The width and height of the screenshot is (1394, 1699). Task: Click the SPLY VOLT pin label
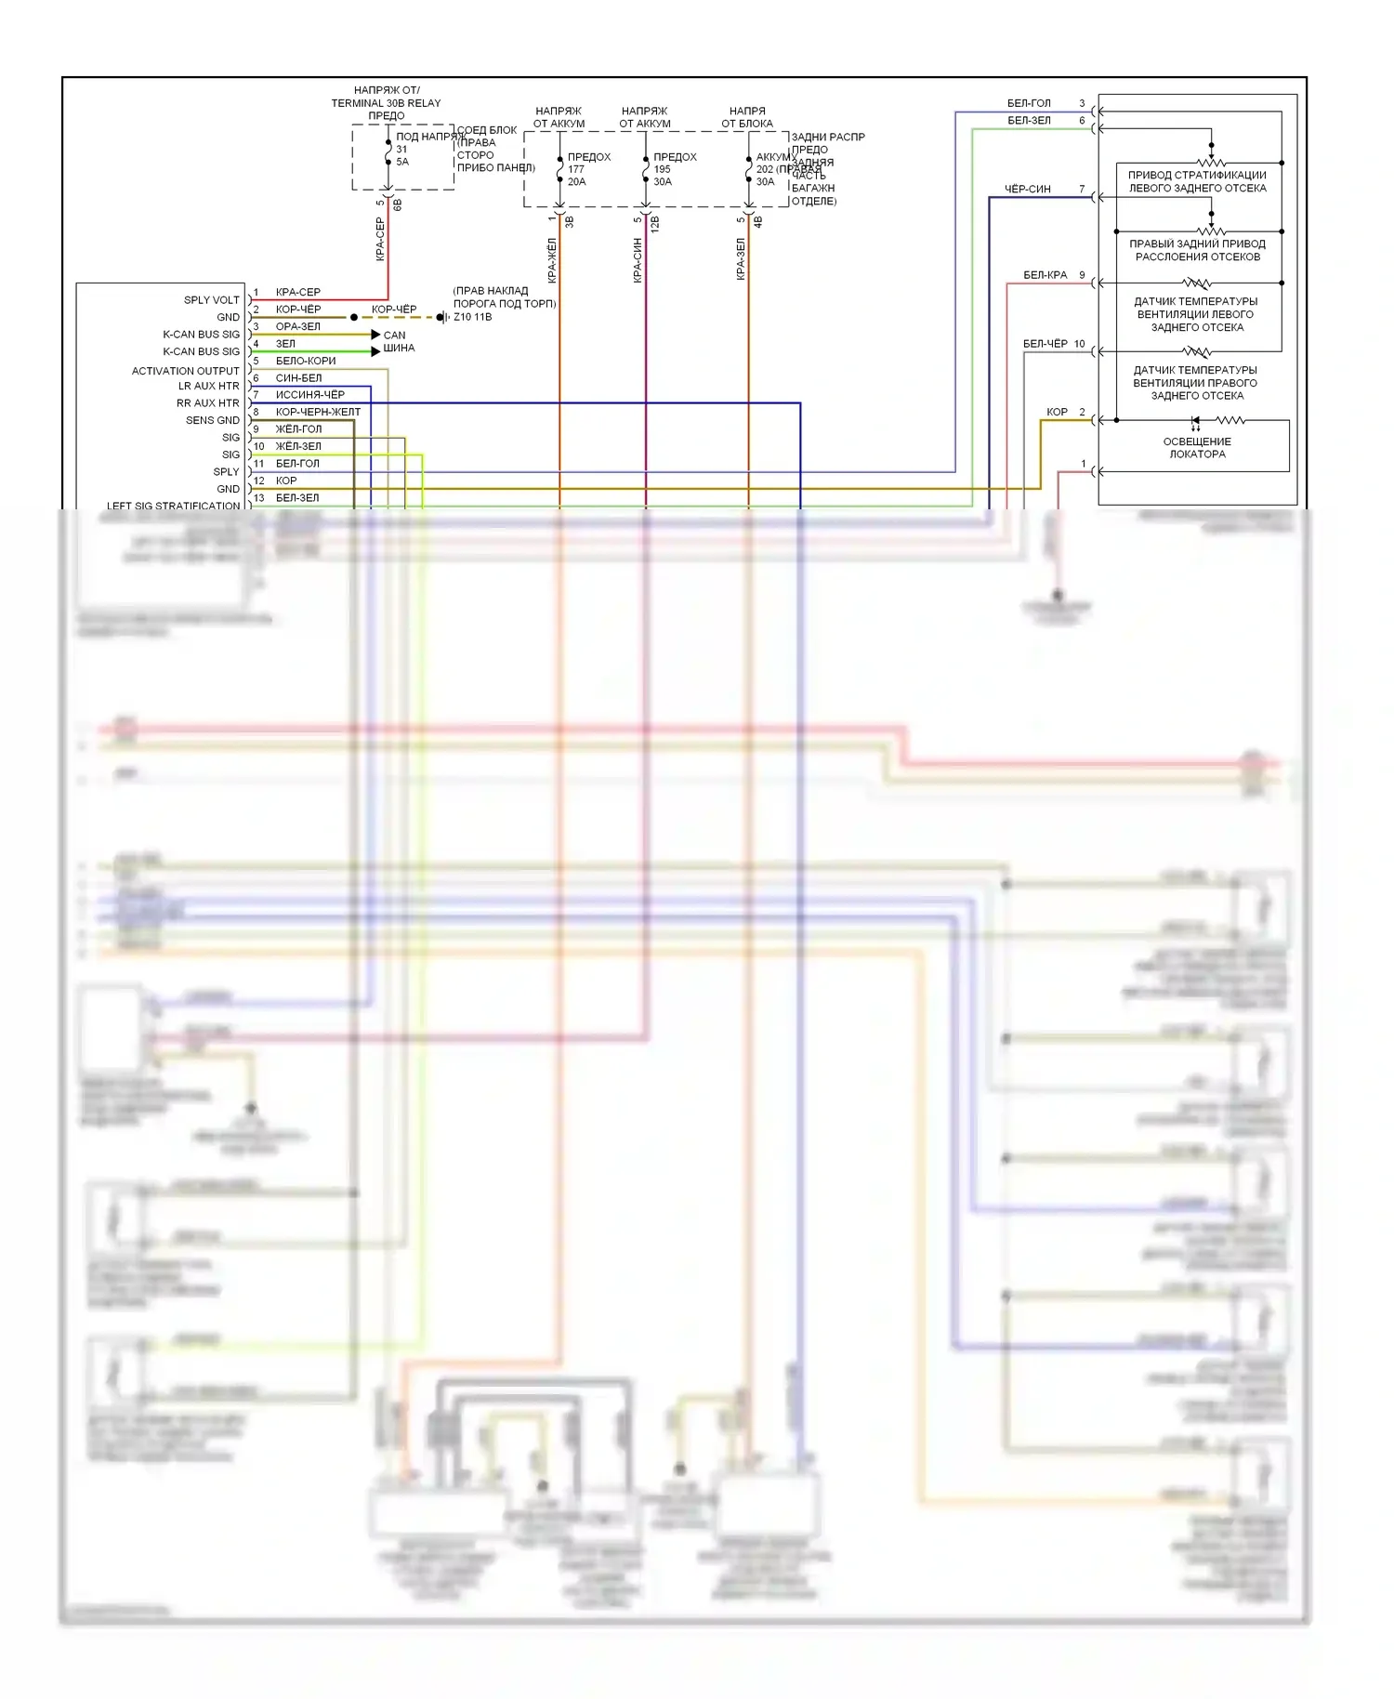211,300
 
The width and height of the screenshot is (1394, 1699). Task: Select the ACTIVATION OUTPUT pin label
185,371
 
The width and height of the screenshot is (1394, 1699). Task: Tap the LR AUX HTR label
208,386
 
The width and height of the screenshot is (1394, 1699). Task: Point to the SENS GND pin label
212,420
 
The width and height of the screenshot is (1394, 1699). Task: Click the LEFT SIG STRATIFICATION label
173,506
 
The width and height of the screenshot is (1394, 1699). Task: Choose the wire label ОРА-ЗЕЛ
297,326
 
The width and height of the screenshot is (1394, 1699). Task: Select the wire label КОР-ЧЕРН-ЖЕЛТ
318,412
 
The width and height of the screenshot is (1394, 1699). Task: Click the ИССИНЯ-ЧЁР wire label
309,395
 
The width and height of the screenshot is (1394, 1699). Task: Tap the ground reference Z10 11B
472,317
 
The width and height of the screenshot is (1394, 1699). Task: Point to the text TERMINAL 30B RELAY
386,103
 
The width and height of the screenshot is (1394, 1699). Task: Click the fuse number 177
576,169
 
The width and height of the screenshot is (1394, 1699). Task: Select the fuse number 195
662,169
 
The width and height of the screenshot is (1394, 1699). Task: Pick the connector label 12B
654,223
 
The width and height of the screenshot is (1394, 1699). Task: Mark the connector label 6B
397,204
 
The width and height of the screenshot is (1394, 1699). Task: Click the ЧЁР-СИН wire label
1027,190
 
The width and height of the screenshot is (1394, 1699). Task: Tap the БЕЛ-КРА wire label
1045,275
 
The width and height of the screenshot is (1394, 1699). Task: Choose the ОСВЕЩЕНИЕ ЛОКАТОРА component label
1197,448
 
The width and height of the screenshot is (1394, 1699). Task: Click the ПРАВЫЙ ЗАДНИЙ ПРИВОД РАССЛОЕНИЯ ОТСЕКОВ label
1197,250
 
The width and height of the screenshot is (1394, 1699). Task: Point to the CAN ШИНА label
398,341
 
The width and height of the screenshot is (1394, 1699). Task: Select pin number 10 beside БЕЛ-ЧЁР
1079,344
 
